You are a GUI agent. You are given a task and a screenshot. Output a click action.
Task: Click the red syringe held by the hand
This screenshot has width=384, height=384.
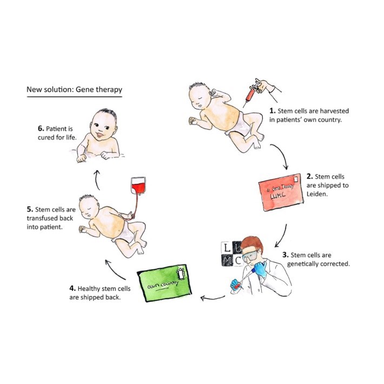(251, 93)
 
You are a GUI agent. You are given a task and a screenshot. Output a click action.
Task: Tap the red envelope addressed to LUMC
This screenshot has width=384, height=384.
(281, 192)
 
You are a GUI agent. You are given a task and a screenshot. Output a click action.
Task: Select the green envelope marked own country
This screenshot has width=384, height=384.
(164, 283)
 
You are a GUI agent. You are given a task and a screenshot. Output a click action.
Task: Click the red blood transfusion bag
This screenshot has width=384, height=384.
(138, 186)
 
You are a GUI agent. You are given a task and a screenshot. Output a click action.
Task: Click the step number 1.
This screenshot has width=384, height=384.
(273, 111)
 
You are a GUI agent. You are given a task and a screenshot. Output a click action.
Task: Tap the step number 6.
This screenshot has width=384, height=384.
(41, 129)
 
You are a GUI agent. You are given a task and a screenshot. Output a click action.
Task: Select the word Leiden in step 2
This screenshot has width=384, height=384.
(317, 194)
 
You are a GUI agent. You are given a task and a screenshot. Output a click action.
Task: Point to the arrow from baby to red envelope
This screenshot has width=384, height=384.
(281, 155)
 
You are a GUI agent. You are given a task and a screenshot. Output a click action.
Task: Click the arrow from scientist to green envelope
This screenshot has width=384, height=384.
(213, 298)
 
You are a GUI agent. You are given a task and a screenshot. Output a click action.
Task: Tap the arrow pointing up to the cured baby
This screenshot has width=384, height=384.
(97, 180)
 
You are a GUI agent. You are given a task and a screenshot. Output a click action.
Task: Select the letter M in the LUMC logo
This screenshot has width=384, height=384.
(227, 261)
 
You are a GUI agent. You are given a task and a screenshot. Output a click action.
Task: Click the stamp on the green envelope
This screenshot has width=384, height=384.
(181, 274)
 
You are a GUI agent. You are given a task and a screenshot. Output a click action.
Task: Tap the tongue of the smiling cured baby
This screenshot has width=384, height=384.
(100, 135)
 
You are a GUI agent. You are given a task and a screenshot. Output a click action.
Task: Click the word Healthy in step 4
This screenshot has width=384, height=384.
(89, 289)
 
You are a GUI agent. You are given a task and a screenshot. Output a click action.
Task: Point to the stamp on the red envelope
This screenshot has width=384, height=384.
(296, 180)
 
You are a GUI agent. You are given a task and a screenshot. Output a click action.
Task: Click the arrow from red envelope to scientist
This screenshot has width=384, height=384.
(283, 236)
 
